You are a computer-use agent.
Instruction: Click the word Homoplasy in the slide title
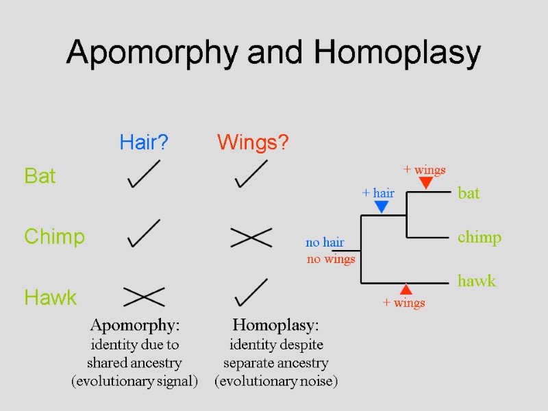pyautogui.click(x=397, y=53)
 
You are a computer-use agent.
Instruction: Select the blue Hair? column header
pyautogui.click(x=144, y=142)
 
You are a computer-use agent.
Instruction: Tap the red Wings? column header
pyautogui.click(x=253, y=142)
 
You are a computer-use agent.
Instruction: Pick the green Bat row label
pyautogui.click(x=40, y=176)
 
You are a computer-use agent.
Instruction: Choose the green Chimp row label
pyautogui.click(x=54, y=237)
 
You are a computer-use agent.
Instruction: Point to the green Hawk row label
pyautogui.click(x=50, y=297)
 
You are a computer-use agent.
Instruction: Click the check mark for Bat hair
pyautogui.click(x=144, y=174)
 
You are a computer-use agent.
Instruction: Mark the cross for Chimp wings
pyautogui.click(x=251, y=237)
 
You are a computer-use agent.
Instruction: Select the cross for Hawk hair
pyautogui.click(x=144, y=297)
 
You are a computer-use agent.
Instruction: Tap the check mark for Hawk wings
pyautogui.click(x=251, y=293)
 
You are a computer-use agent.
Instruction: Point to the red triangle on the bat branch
pyautogui.click(x=425, y=183)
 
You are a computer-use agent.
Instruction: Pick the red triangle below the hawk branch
pyautogui.click(x=406, y=289)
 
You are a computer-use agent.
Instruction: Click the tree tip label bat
pyautogui.click(x=469, y=193)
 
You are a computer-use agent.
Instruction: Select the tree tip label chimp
pyautogui.click(x=480, y=238)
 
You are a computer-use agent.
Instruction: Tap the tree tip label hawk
pyautogui.click(x=477, y=281)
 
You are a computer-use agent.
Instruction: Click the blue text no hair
pyautogui.click(x=325, y=242)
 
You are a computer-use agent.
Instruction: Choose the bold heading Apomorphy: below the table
pyautogui.click(x=134, y=324)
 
